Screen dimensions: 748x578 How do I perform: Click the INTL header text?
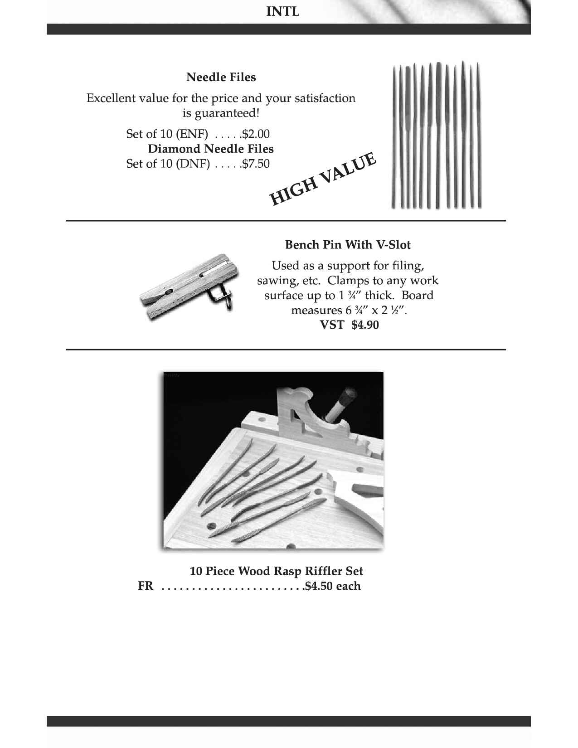tap(282, 12)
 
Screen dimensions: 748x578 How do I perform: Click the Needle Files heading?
tap(221, 77)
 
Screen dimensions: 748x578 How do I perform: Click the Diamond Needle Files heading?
tap(210, 149)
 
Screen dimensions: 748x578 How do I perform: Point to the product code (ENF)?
tap(191, 134)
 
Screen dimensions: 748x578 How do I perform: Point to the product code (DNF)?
tap(192, 164)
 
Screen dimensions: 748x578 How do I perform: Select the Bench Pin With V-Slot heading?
tap(348, 245)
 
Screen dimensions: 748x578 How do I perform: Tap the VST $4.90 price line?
tap(349, 325)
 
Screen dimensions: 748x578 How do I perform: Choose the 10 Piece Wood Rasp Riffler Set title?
tap(276, 571)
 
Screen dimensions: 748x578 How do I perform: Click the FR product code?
tap(145, 586)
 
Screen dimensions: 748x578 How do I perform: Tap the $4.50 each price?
tap(333, 586)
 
